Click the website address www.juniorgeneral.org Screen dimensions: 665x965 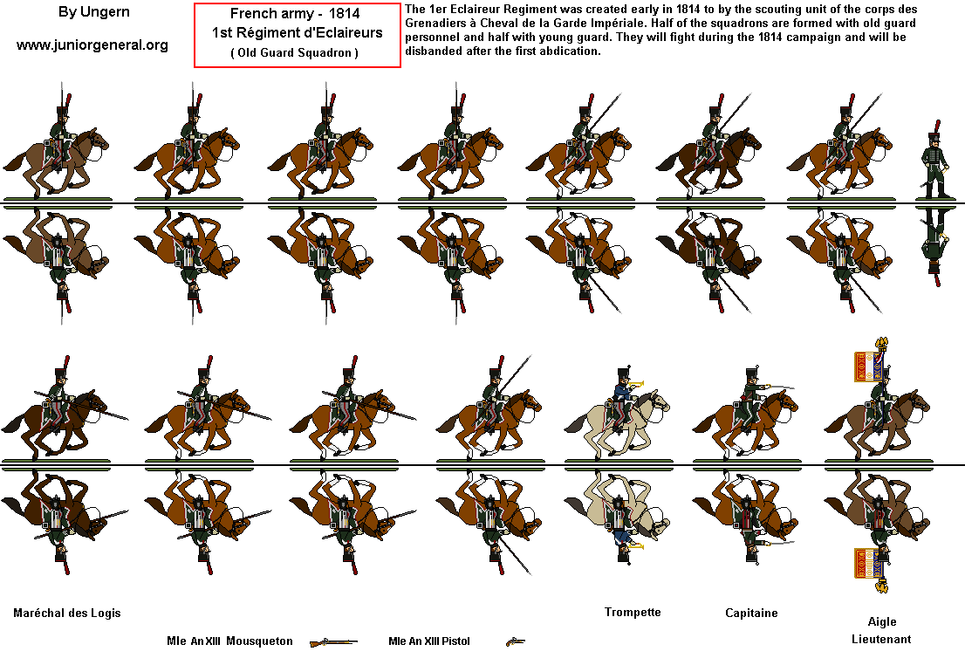pos(92,45)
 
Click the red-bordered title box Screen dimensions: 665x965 pos(297,35)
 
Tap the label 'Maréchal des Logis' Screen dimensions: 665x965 pos(67,613)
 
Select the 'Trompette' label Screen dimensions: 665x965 pos(633,612)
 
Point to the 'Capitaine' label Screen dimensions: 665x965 pos(751,613)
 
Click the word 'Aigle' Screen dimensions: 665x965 pos(881,621)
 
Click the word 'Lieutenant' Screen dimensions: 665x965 pos(881,639)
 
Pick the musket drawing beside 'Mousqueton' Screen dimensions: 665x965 pos(333,642)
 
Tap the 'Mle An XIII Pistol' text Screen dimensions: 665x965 pos(429,641)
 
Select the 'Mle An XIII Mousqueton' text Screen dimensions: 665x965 pos(229,641)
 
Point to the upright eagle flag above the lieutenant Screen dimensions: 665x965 pos(871,364)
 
